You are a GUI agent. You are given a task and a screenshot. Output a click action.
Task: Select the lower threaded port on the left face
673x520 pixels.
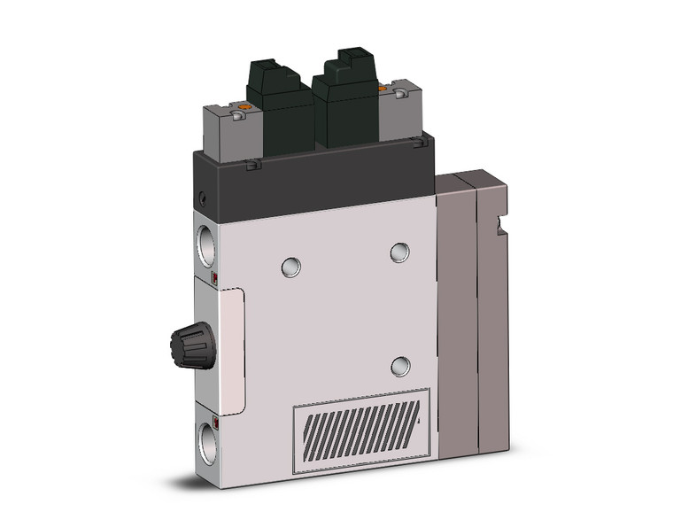coord(205,440)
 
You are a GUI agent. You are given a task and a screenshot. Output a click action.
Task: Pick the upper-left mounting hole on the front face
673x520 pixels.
coord(290,266)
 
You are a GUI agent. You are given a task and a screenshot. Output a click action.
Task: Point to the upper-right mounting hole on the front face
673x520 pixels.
coord(400,252)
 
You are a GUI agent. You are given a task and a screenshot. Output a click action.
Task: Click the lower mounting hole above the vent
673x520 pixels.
coord(401,365)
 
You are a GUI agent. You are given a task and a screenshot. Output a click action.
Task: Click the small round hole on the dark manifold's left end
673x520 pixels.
coord(203,198)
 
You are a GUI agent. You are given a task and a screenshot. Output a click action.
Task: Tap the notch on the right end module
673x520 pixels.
coord(506,228)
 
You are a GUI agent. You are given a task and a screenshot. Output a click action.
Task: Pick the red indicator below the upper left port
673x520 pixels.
coord(216,281)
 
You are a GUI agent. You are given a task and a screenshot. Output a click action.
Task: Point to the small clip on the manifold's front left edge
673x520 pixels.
coord(253,165)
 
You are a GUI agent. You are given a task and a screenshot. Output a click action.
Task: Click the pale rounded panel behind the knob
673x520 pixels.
coord(228,350)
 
